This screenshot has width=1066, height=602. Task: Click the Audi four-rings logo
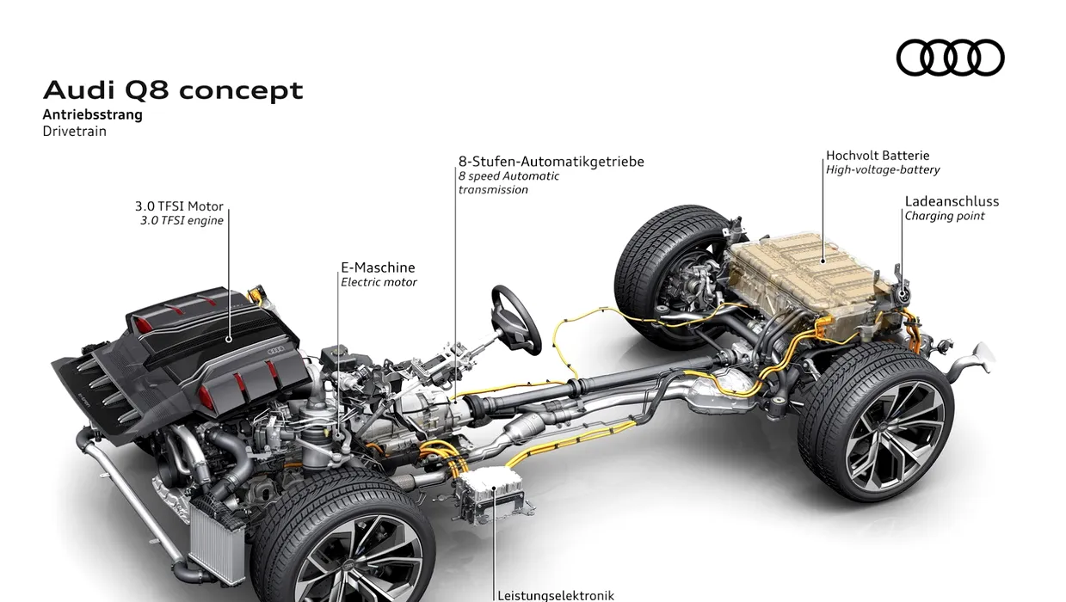click(950, 58)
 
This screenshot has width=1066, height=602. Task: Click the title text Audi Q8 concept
click(173, 90)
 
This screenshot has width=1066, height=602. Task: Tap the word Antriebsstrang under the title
click(93, 114)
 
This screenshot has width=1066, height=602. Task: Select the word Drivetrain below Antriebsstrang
click(75, 132)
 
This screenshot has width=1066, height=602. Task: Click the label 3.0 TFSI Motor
click(179, 206)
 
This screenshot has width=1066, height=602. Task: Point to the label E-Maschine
click(378, 267)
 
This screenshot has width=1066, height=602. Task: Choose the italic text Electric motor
click(379, 282)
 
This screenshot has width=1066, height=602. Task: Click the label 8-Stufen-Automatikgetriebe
click(551, 162)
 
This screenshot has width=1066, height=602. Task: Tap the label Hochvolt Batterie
click(878, 156)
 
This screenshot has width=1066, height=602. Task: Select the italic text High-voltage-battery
click(883, 170)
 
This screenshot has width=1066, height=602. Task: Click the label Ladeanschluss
click(952, 201)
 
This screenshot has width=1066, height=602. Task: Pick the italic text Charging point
click(945, 216)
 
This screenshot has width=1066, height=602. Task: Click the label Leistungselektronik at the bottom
click(556, 594)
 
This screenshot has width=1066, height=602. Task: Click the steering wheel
click(516, 318)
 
